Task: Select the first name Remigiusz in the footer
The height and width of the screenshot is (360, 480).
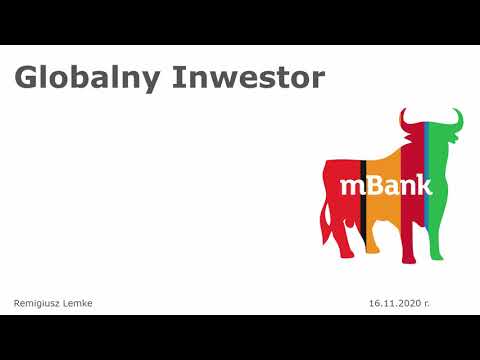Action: (x=38, y=302)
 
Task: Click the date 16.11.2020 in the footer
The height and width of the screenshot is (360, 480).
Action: (x=393, y=302)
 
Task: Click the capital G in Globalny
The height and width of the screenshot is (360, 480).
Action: (x=26, y=78)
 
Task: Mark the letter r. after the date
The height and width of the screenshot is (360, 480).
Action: (x=426, y=302)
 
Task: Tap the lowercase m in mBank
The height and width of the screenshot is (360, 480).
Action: (x=350, y=187)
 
